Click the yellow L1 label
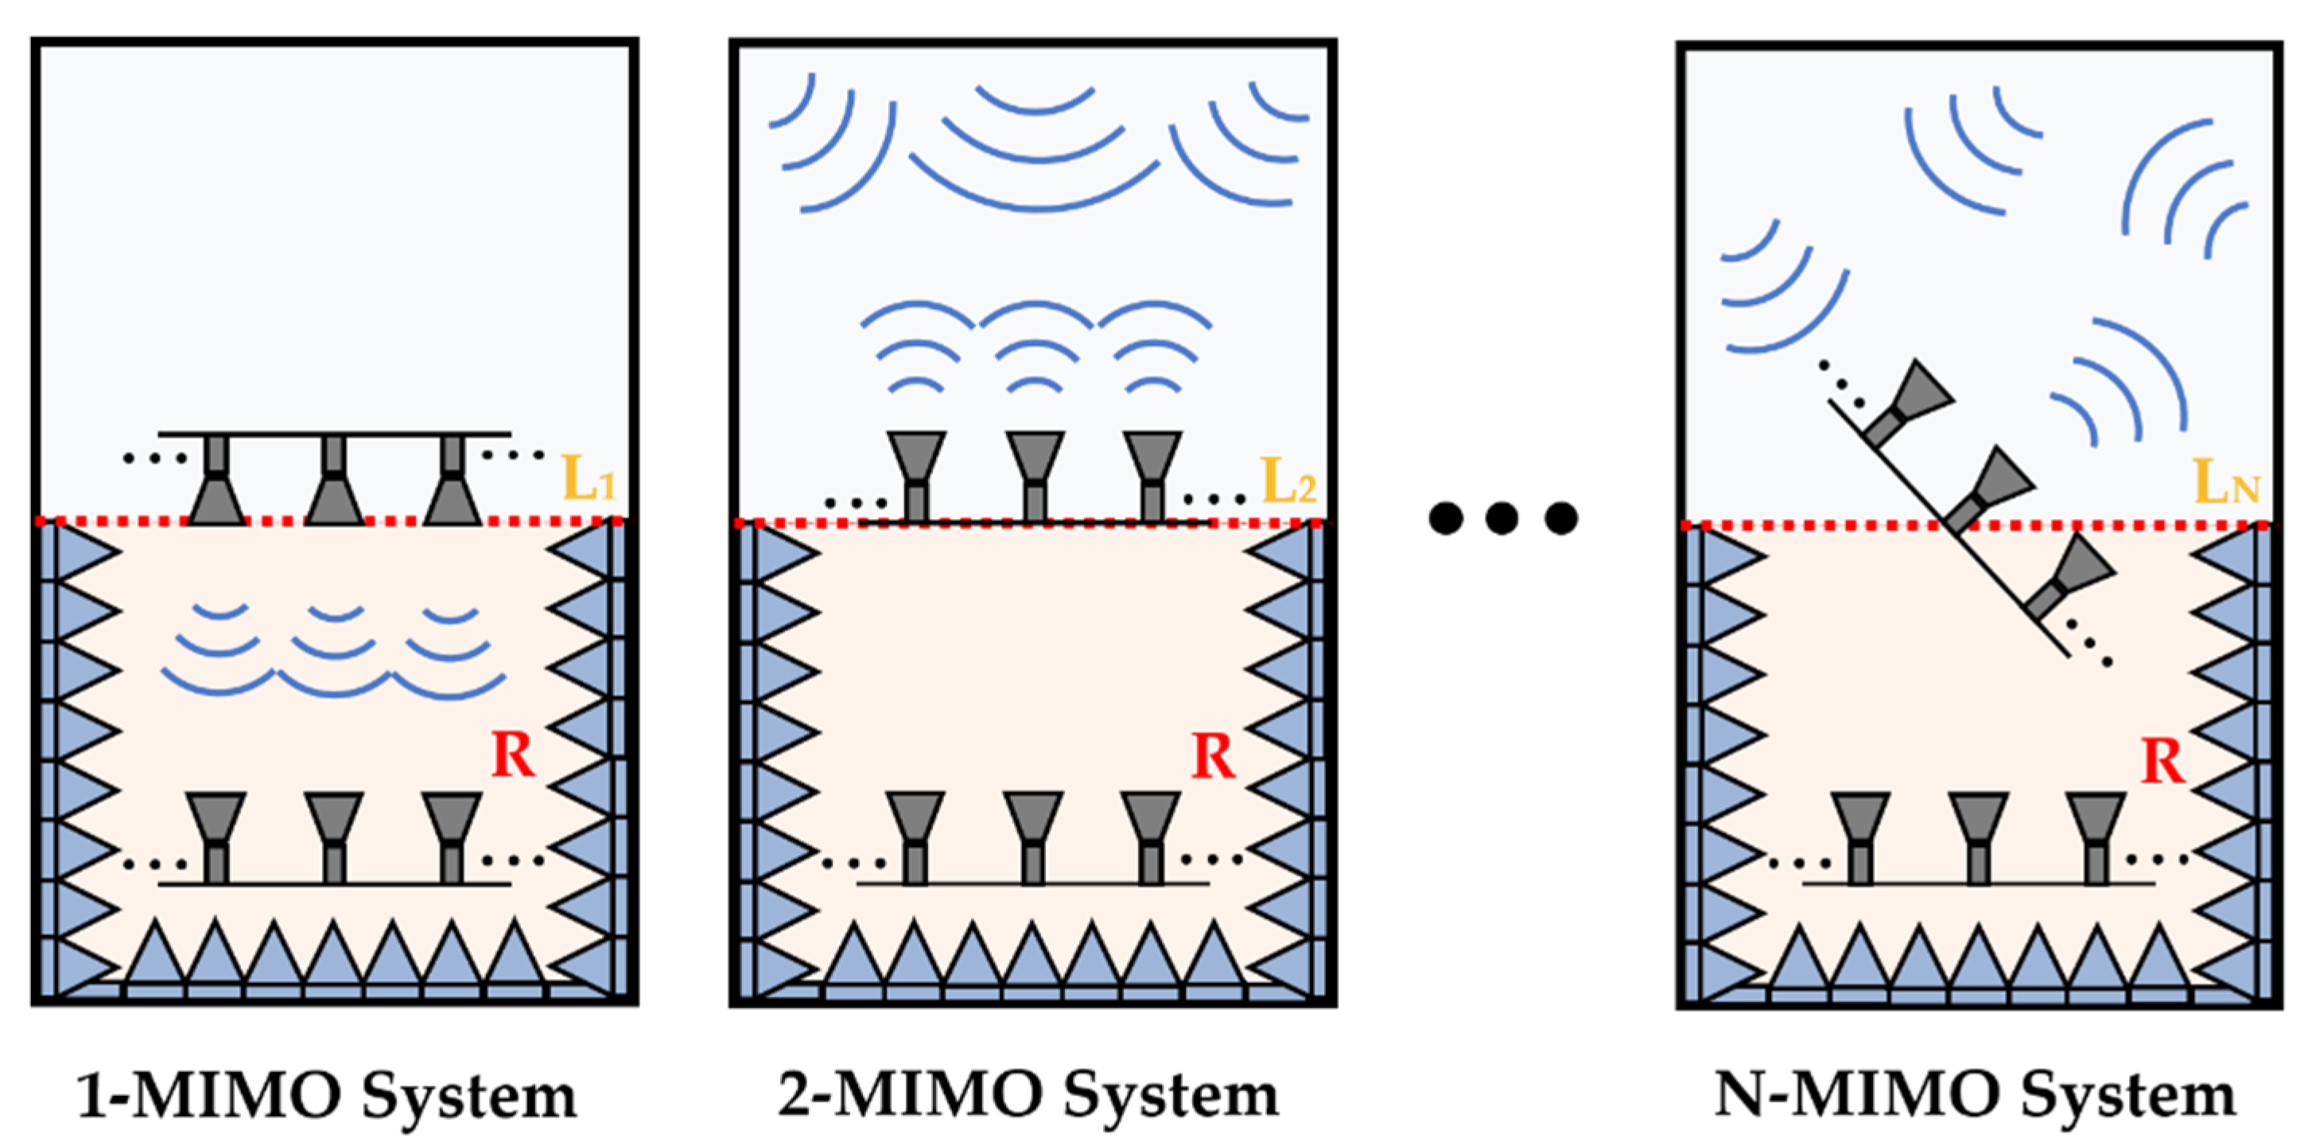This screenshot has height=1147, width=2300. pyautogui.click(x=588, y=480)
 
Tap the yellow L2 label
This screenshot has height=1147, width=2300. pyautogui.click(x=1288, y=482)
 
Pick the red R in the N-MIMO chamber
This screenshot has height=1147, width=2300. pyautogui.click(x=2162, y=762)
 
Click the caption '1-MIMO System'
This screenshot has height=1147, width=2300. pyautogui.click(x=328, y=1095)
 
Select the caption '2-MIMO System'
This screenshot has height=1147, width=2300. pyautogui.click(x=1028, y=1095)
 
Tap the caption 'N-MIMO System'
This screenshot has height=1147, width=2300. pyautogui.click(x=1975, y=1095)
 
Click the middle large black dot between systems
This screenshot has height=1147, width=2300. pyautogui.click(x=1502, y=518)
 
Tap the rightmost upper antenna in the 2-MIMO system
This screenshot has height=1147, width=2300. pyautogui.click(x=1152, y=474)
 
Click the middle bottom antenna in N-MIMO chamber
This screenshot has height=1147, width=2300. pyautogui.click(x=1979, y=835)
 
